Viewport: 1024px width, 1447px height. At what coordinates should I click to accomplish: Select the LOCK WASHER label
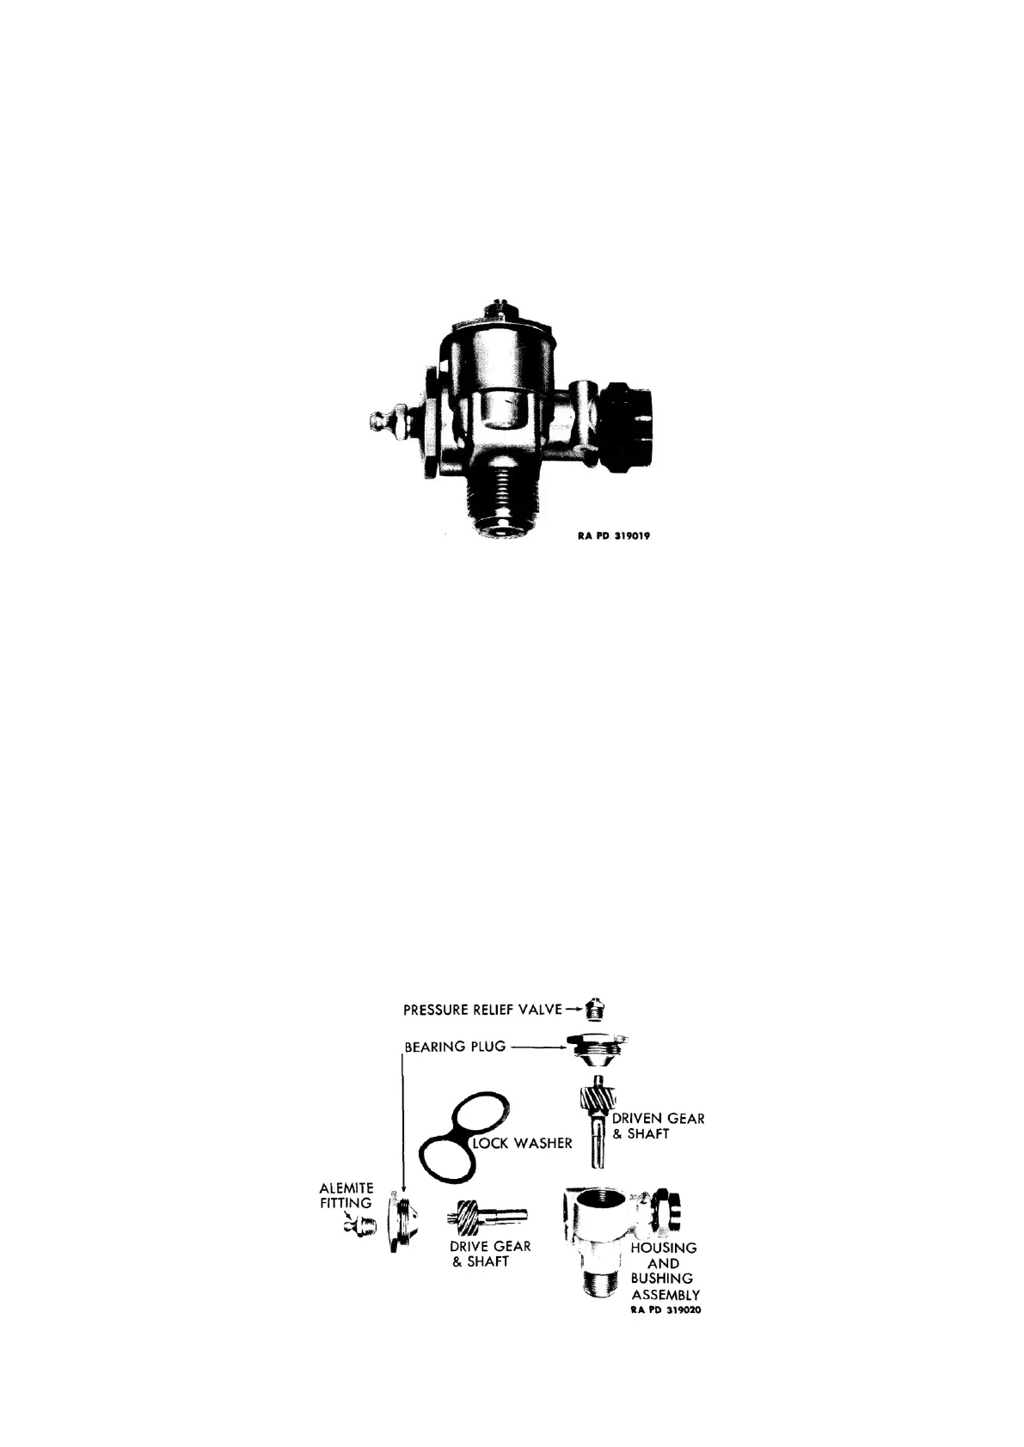[523, 1144]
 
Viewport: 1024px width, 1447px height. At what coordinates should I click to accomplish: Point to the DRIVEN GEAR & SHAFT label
[658, 1126]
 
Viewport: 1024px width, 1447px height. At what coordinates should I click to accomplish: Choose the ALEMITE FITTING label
[344, 1195]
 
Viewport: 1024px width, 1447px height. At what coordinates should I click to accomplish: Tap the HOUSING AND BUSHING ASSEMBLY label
[664, 1271]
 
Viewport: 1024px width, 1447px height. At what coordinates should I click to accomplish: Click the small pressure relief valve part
[592, 1007]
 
